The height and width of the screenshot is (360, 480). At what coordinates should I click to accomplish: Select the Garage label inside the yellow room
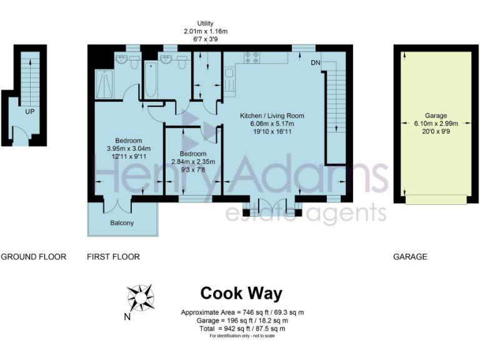pyautogui.click(x=436, y=116)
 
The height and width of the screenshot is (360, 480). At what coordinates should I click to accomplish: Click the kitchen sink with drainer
pyautogui.click(x=229, y=79)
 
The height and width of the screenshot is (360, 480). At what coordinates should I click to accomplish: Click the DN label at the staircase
pyautogui.click(x=316, y=62)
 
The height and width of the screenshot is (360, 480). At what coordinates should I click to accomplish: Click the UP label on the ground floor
pyautogui.click(x=29, y=112)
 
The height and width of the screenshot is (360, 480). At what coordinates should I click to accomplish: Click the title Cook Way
pyautogui.click(x=241, y=293)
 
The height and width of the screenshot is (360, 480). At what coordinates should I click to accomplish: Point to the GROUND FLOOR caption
pyautogui.click(x=34, y=257)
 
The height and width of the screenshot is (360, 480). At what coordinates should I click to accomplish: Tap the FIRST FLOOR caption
pyautogui.click(x=113, y=257)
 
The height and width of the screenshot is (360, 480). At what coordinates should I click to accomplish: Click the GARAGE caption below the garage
pyautogui.click(x=410, y=257)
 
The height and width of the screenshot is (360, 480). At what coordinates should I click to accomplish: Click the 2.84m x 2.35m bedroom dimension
pyautogui.click(x=193, y=162)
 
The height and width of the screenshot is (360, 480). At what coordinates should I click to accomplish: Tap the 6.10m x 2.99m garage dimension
pyautogui.click(x=436, y=124)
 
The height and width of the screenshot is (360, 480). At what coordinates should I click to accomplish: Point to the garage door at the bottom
pyautogui.click(x=436, y=199)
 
